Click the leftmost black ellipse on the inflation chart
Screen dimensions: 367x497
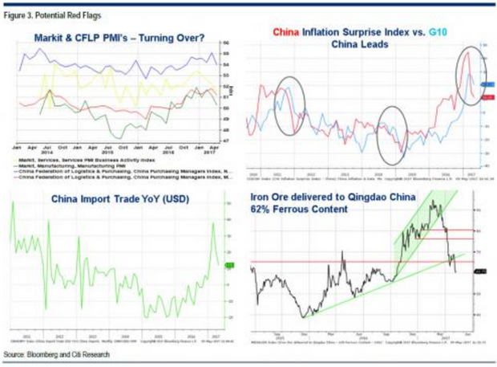289,104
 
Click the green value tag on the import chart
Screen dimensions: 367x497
229,265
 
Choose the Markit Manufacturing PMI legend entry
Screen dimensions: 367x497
80,165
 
